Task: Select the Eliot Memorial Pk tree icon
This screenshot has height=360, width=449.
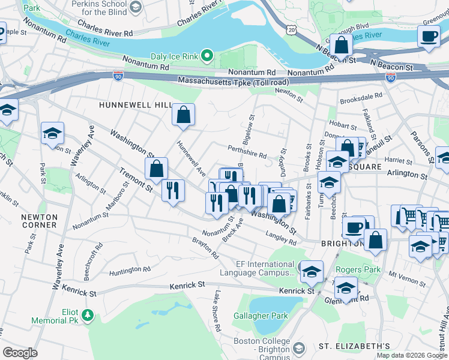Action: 88,314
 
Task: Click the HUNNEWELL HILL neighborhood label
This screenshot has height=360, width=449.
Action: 135,105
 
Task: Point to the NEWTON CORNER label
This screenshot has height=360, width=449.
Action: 39,221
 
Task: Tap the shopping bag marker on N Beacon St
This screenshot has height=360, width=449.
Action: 341,46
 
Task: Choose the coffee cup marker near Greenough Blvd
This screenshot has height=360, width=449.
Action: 429,37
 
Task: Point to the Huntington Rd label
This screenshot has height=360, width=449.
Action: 130,270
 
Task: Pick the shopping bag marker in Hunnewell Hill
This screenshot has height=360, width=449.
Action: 183,114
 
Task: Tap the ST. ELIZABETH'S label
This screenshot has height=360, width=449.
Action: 354,346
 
